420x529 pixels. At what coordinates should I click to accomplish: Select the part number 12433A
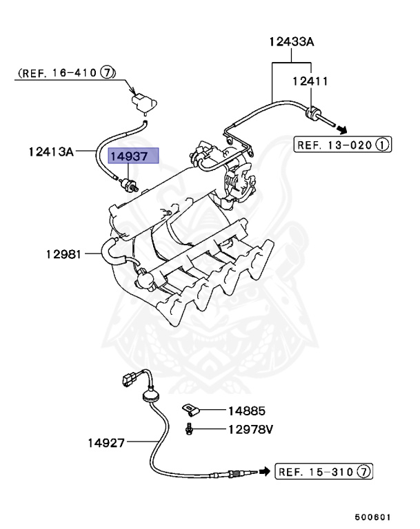pyautogui.click(x=291, y=43)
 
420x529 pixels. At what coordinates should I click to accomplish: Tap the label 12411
pyautogui.click(x=309, y=81)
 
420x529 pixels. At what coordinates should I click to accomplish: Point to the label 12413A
pyautogui.click(x=52, y=149)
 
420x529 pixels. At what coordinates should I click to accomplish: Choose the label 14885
pyautogui.click(x=246, y=411)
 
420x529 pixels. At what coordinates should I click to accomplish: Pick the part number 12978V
pyautogui.click(x=250, y=430)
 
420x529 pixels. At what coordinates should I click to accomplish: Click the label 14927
pyautogui.click(x=106, y=443)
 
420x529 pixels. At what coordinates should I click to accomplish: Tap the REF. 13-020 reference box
pyautogui.click(x=343, y=145)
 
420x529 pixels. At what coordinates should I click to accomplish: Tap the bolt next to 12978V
pyautogui.click(x=188, y=430)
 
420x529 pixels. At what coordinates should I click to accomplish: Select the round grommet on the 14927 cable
pyautogui.click(x=149, y=394)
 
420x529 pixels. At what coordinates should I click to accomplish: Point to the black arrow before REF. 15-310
pyautogui.click(x=263, y=471)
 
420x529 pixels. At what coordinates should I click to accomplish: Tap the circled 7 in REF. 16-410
pyautogui.click(x=108, y=72)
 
